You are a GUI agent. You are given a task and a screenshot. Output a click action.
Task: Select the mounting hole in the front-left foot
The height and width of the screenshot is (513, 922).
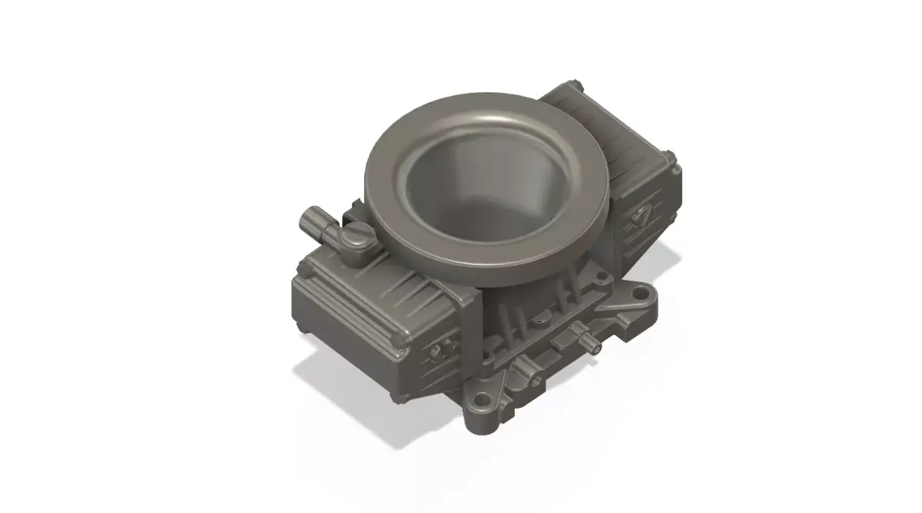pos(482,400)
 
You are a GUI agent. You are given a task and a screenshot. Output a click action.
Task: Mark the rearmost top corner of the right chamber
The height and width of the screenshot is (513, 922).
pos(572,82)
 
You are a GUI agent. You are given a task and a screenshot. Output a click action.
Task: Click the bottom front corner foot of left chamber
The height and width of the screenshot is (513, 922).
pos(397,397)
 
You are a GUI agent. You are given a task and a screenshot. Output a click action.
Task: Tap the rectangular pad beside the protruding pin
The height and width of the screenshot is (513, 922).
pos(565,338)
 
